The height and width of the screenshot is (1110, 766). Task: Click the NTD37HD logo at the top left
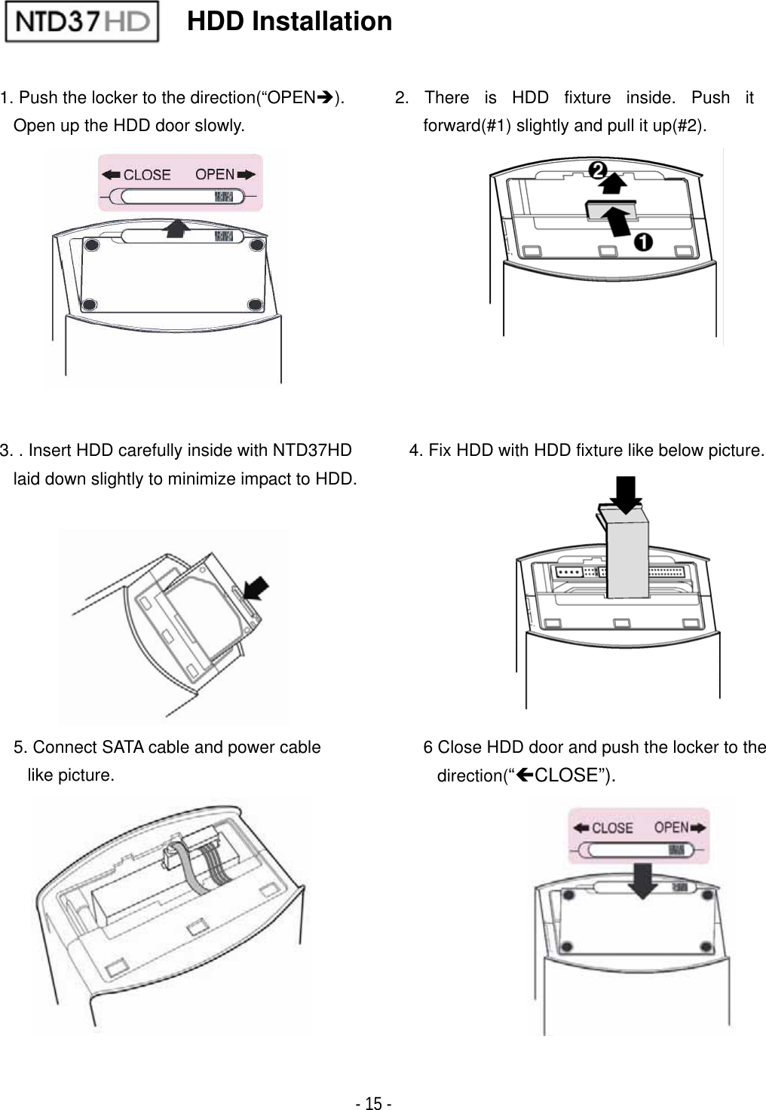point(81,21)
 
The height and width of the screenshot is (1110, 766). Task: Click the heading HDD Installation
point(290,21)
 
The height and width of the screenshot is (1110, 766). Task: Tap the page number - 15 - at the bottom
point(373,1104)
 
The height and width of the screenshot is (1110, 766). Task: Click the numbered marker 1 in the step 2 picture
point(642,243)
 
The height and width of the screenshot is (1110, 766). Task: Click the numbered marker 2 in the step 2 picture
point(599,171)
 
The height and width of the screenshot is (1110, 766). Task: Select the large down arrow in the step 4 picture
point(625,494)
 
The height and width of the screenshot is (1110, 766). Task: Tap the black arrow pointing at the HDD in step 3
point(256,586)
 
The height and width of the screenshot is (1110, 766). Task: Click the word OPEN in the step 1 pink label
point(215,174)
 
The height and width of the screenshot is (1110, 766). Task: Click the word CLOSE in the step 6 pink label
point(611,827)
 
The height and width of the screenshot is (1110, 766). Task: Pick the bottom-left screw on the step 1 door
point(90,304)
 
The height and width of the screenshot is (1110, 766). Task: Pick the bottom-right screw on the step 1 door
point(255,304)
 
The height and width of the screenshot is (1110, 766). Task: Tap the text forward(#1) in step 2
point(467,126)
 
